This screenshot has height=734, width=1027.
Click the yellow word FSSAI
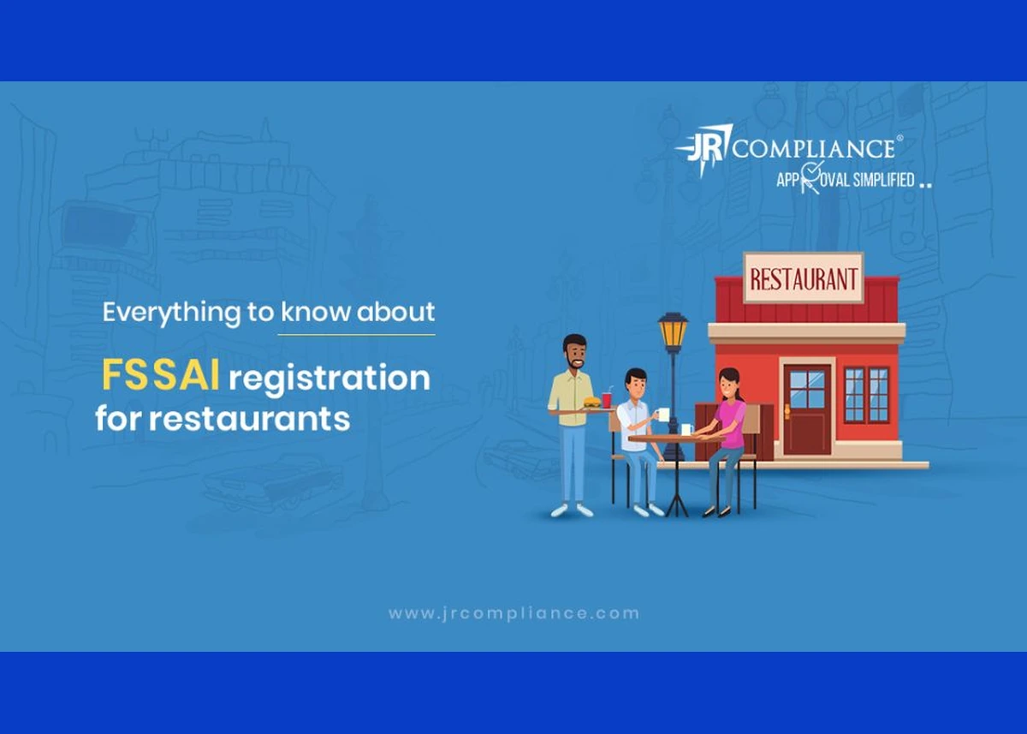[x=160, y=375]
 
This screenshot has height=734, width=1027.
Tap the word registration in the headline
[x=329, y=379]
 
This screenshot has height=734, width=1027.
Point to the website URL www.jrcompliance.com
[x=513, y=613]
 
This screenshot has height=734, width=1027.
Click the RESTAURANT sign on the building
[x=804, y=278]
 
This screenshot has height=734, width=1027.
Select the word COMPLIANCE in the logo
[x=814, y=148]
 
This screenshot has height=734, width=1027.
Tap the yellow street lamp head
[x=673, y=332]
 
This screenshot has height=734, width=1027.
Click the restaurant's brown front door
[x=807, y=409]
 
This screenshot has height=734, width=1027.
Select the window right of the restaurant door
[x=866, y=395]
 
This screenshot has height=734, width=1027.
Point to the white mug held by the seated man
[x=662, y=415]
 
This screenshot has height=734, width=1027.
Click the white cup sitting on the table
[x=686, y=429]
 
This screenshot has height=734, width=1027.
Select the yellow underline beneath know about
[x=356, y=335]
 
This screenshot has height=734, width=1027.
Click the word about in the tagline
[x=395, y=312]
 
